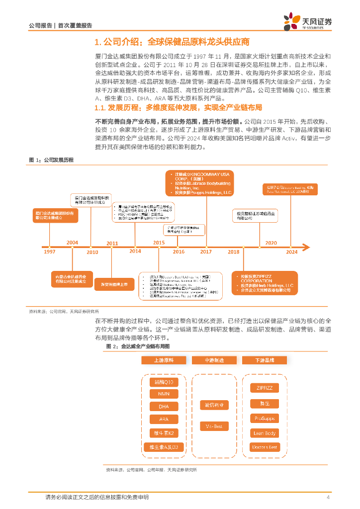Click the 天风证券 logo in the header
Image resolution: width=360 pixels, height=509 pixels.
308,21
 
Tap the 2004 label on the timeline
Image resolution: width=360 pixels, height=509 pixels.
73,243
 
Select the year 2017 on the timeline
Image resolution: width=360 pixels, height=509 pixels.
206,252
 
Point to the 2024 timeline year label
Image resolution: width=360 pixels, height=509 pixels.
292,252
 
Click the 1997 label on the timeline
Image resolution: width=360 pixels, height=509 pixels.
49,252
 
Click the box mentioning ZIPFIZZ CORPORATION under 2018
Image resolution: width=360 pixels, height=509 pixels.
265,283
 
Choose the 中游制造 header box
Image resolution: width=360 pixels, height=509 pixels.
214,360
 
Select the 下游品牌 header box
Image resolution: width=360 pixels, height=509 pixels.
265,360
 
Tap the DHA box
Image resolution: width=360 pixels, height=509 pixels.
164,407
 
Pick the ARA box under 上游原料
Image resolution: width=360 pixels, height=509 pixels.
164,420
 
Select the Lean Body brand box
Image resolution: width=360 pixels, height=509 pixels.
265,433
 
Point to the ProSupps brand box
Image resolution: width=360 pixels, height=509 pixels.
265,418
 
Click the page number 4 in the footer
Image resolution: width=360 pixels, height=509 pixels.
328,498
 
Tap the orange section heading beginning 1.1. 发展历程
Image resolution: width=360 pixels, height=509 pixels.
179,107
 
